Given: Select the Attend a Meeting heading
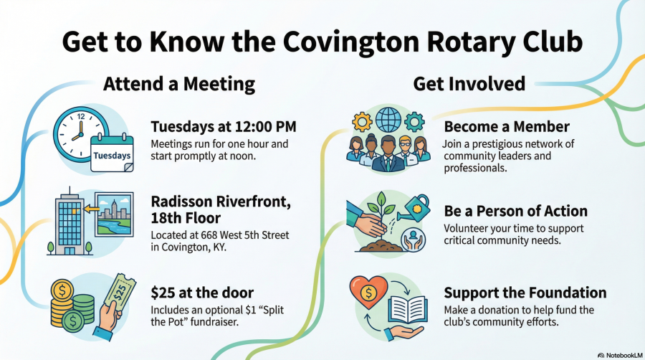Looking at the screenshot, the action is (x=179, y=84).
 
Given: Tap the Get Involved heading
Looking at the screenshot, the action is (x=469, y=83).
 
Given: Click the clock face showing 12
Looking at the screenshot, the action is (x=80, y=133).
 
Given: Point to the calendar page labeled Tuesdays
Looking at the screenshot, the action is (x=112, y=153).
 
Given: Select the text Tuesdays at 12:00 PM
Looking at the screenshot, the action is (x=224, y=127).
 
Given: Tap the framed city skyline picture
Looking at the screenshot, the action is (x=114, y=214).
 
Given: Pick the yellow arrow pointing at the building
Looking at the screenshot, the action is (x=91, y=209).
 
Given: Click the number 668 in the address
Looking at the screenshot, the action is (x=209, y=235).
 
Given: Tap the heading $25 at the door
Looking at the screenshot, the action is (x=202, y=293).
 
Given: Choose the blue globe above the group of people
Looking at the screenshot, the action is (x=388, y=119).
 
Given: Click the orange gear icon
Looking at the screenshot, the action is (x=362, y=122).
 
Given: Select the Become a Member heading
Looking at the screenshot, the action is (x=507, y=127).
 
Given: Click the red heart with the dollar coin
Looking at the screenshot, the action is (x=368, y=292).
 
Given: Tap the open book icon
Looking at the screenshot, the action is (x=407, y=309).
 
